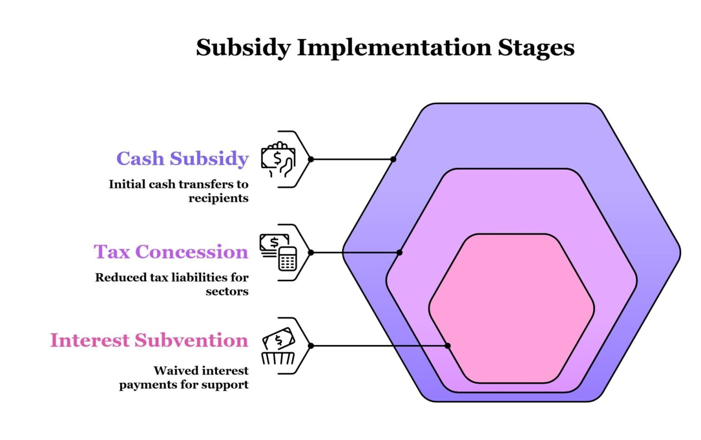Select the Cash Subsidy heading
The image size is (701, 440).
(x=182, y=159)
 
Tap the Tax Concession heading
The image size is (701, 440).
(x=171, y=252)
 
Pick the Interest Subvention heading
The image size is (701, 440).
(x=149, y=340)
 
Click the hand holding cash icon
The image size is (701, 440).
(x=278, y=159)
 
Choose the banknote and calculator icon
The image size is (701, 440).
(x=278, y=252)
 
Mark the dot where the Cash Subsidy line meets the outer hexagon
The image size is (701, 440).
(x=393, y=159)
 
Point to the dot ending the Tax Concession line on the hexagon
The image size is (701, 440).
(x=399, y=252)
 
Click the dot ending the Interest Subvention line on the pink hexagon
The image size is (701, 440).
(x=448, y=346)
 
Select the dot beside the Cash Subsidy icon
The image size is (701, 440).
(x=311, y=159)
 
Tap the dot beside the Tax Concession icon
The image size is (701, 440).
(x=311, y=252)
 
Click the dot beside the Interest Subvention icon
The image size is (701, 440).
(x=311, y=346)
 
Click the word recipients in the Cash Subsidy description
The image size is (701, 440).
(x=218, y=199)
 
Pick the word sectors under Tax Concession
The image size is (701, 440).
(x=227, y=292)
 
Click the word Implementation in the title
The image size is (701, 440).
(x=394, y=48)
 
